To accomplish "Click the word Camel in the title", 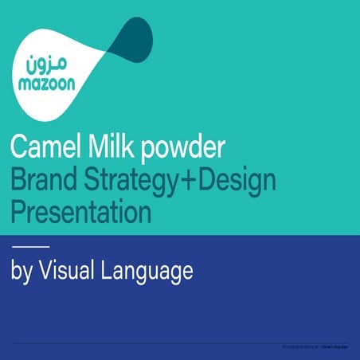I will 45,147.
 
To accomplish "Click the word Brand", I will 41,181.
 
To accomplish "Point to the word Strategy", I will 124,182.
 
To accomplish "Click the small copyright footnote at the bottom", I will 315,347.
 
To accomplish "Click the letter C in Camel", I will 18,147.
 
